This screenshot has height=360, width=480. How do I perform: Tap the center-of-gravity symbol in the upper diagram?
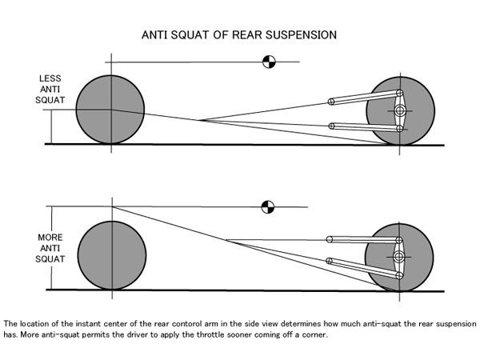[x=269, y=62]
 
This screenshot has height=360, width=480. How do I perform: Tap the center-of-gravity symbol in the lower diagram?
[x=268, y=207]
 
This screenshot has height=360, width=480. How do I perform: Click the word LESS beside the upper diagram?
[x=50, y=78]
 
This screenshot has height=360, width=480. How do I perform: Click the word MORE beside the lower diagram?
[x=50, y=238]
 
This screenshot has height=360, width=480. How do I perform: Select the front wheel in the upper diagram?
[x=110, y=110]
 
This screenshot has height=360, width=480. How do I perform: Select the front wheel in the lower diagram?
[x=112, y=255]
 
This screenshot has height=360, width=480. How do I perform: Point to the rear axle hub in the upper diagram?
[x=400, y=110]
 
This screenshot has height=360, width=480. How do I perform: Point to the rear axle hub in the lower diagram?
[x=399, y=257]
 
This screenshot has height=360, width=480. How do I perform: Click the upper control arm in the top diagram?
[x=366, y=98]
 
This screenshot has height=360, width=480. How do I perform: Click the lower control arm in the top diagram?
[x=366, y=127]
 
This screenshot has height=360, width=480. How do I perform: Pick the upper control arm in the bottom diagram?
[x=364, y=240]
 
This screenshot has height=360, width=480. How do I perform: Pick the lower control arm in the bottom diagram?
[x=364, y=269]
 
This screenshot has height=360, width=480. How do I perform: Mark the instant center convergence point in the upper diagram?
[x=199, y=120]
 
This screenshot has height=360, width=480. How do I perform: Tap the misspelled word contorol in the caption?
[x=186, y=324]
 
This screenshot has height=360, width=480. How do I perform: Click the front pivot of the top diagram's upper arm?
[x=331, y=102]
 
